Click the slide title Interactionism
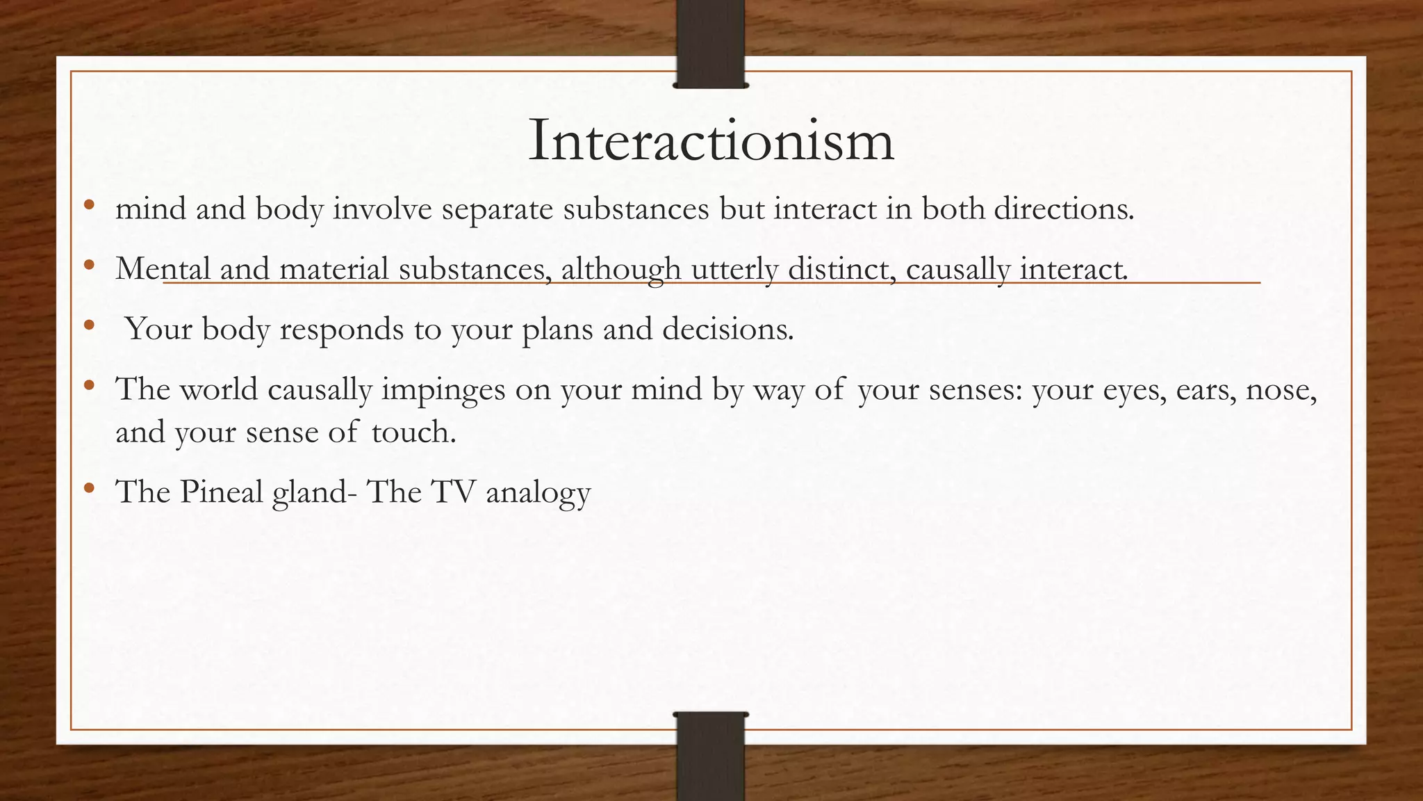coord(711,141)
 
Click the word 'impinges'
coord(443,389)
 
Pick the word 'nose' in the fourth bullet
coord(1281,389)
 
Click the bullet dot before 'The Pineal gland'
coord(88,488)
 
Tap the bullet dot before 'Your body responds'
coord(88,325)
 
